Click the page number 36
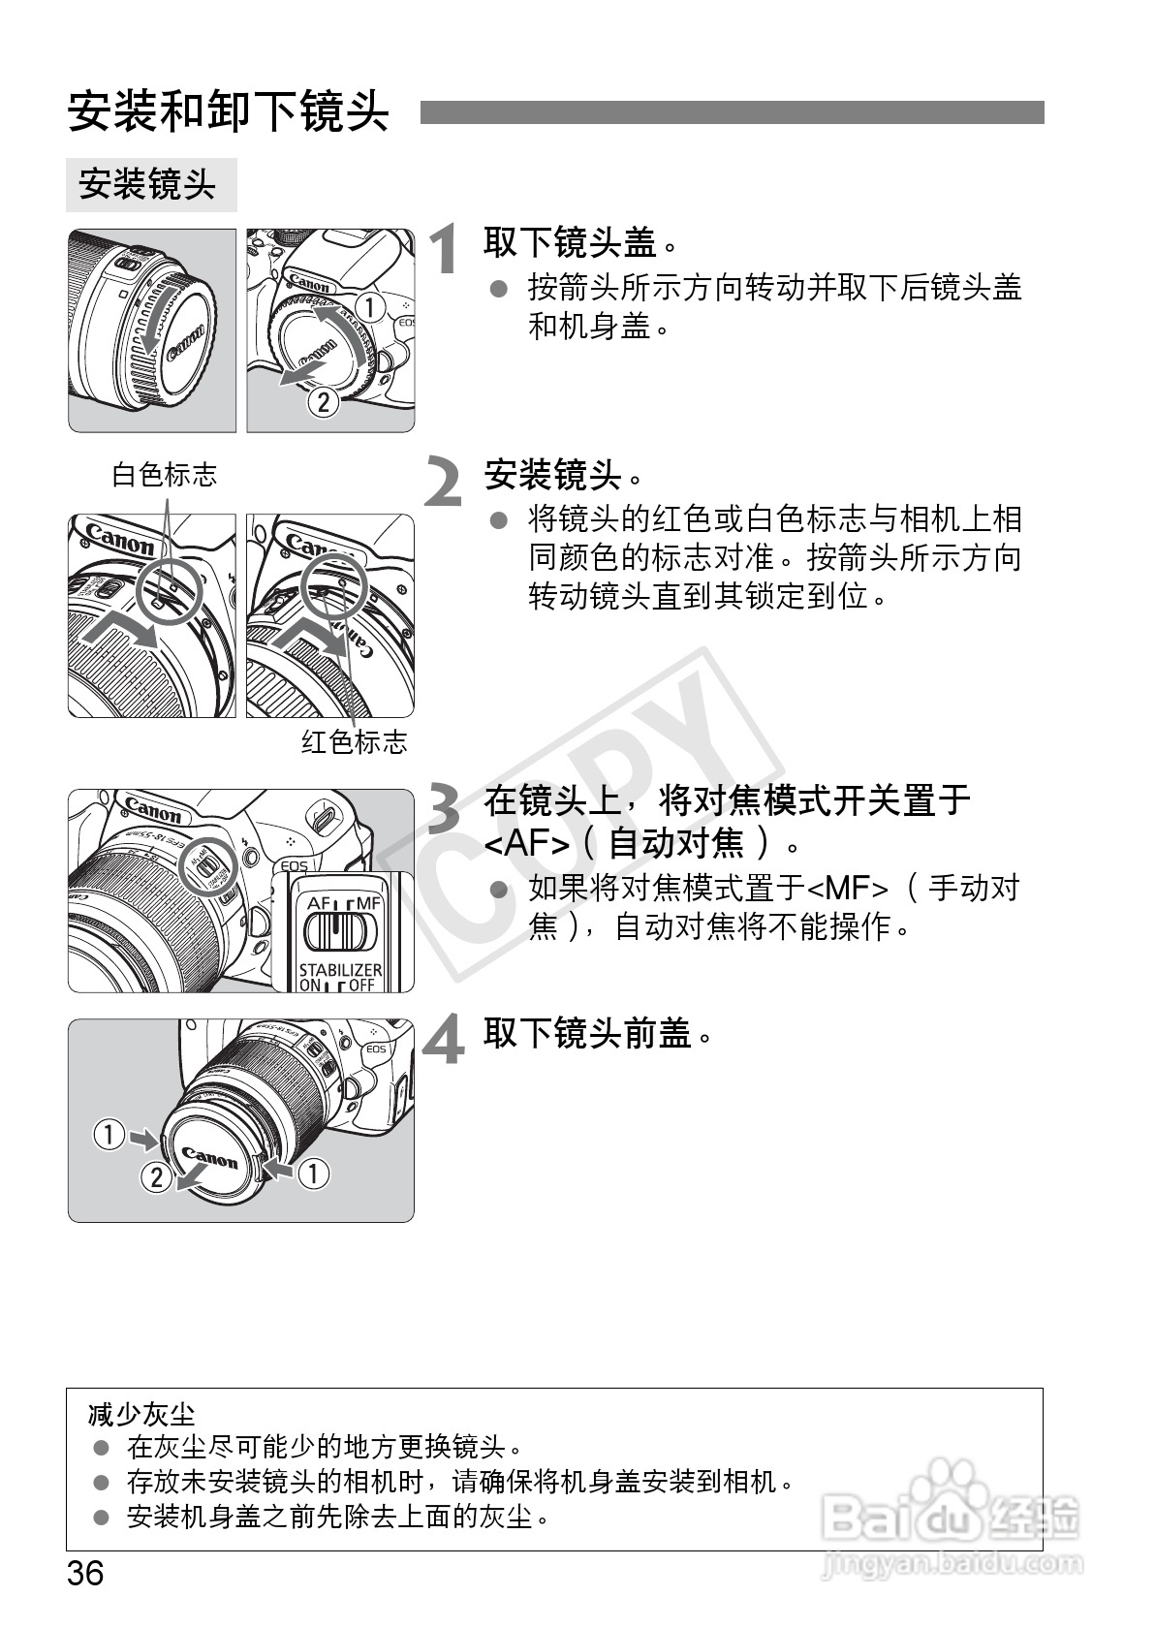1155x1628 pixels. (x=85, y=1573)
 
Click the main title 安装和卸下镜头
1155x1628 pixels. (x=229, y=111)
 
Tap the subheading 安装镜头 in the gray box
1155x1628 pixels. (x=147, y=183)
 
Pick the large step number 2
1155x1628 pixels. (x=444, y=481)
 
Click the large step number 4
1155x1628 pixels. (x=444, y=1039)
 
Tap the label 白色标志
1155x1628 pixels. (x=165, y=475)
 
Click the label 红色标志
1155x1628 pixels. (x=354, y=742)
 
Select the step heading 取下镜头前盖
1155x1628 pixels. (x=598, y=1033)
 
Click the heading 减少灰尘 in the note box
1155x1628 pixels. (x=141, y=1415)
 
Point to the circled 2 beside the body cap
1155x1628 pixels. (x=324, y=402)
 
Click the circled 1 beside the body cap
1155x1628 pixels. (x=369, y=307)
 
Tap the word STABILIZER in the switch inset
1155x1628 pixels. (x=340, y=969)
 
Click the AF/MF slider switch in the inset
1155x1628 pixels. (x=340, y=931)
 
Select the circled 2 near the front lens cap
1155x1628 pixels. (x=156, y=1176)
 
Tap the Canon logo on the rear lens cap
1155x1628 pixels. (x=185, y=342)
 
